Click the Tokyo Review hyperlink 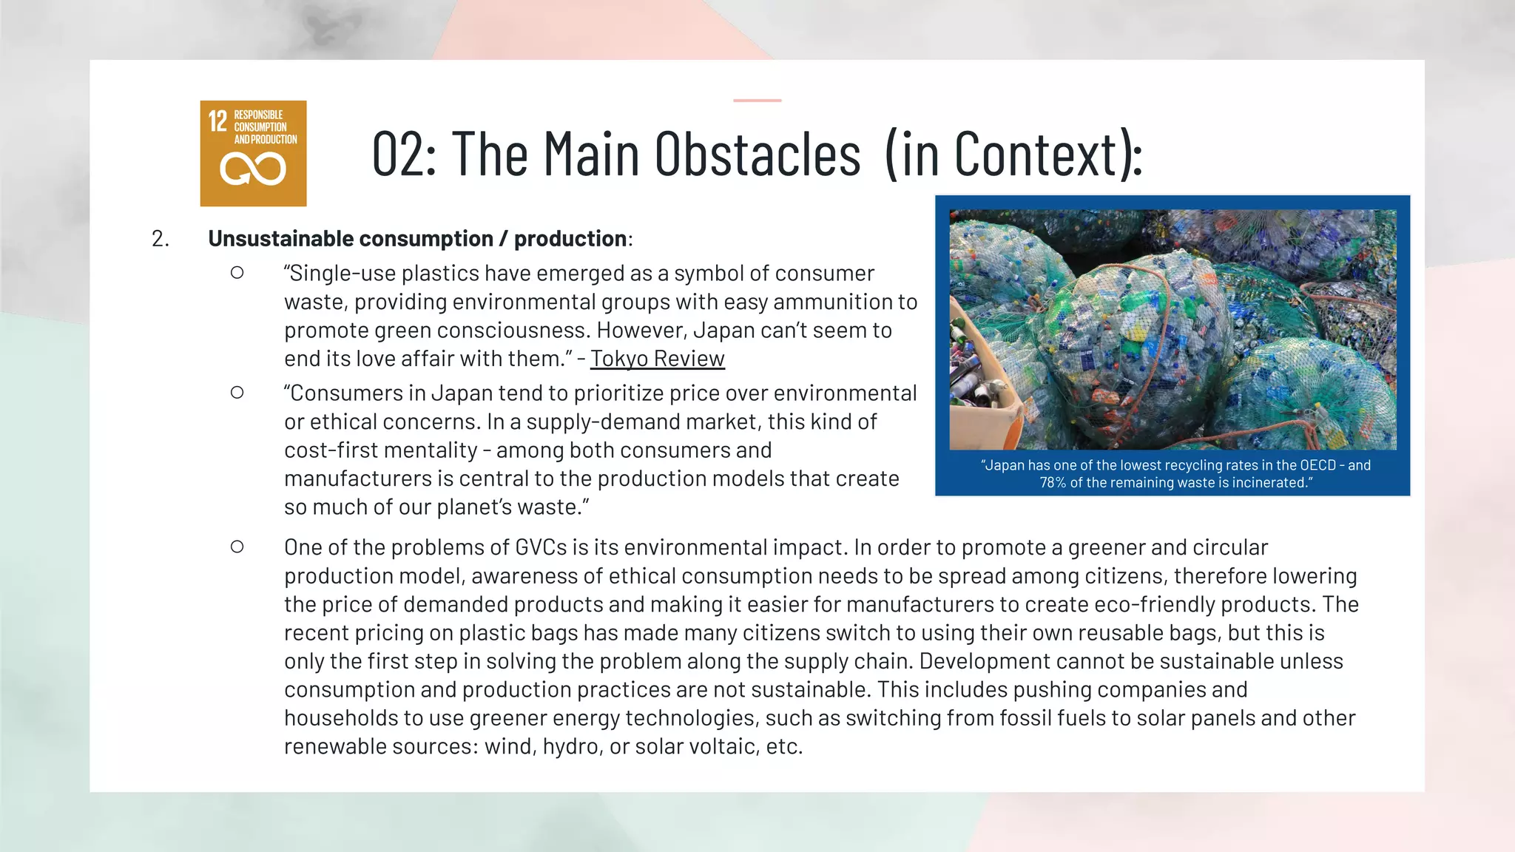[x=657, y=359]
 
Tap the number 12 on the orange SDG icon [x=217, y=121]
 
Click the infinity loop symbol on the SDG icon [x=253, y=169]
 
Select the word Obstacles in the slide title [x=757, y=154]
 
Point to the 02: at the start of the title [x=404, y=154]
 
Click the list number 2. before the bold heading [x=160, y=239]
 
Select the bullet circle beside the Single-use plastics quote [x=237, y=273]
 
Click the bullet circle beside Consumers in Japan [x=237, y=393]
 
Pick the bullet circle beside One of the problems [x=237, y=547]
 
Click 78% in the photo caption [x=1053, y=483]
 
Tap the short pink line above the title [x=757, y=100]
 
